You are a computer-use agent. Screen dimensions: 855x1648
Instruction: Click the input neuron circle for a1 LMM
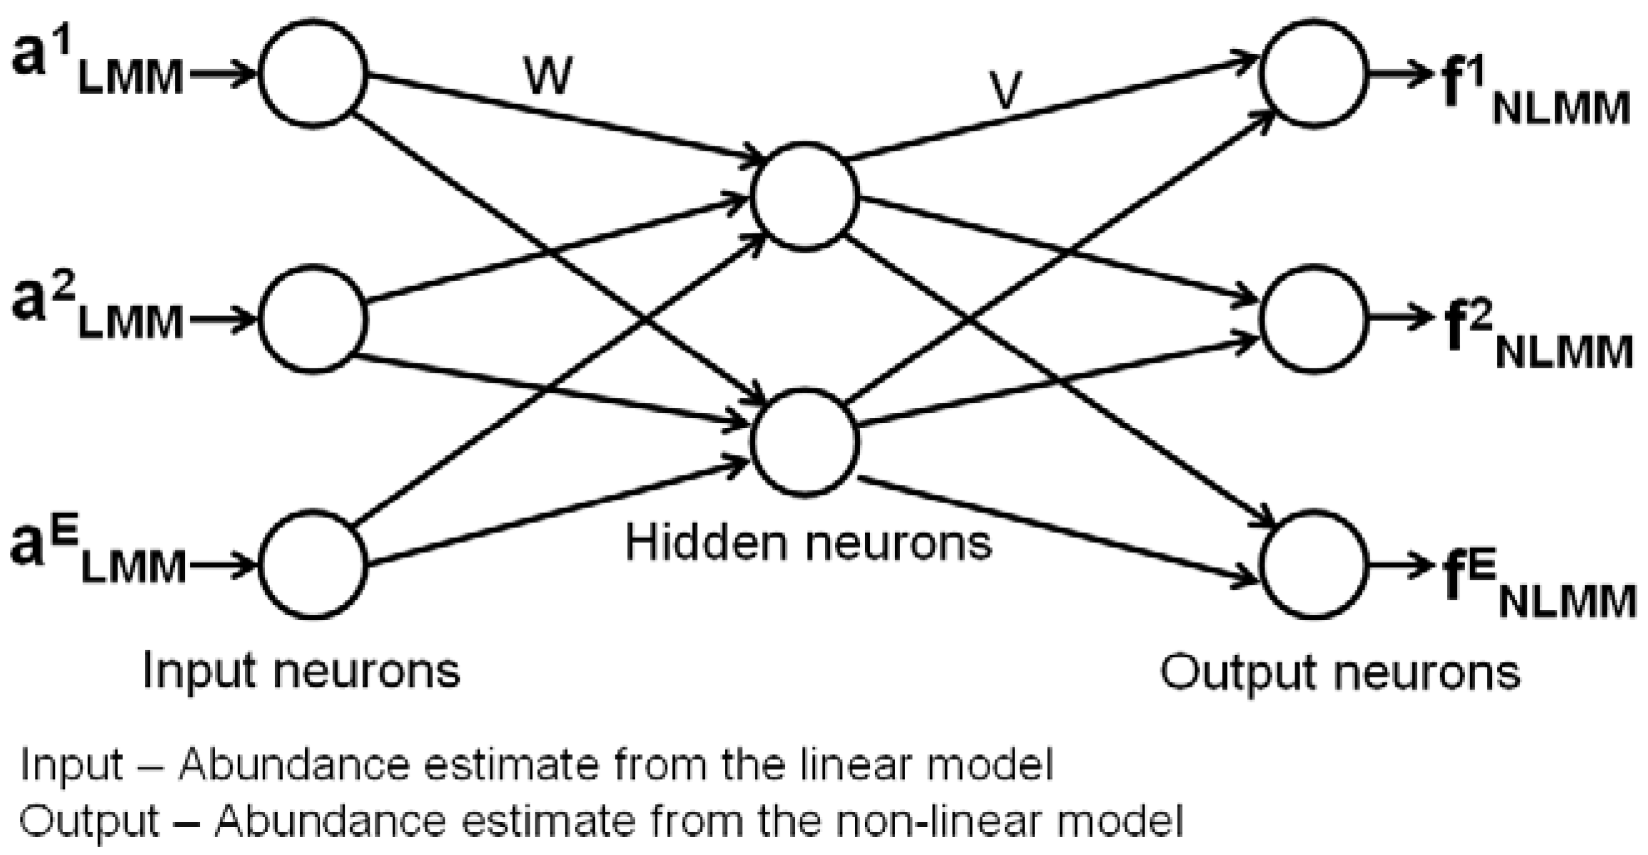[313, 74]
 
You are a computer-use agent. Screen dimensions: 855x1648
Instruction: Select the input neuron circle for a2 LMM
[313, 319]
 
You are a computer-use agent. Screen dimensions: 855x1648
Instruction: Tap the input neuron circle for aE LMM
[313, 564]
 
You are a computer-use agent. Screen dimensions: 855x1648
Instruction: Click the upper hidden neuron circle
[806, 195]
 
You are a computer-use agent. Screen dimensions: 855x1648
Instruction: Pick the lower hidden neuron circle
[806, 442]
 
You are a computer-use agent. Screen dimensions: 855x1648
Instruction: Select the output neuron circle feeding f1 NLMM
[1314, 74]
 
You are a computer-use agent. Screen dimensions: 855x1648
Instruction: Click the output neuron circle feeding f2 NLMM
[1314, 319]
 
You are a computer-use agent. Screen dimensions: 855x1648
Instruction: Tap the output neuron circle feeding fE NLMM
[1314, 564]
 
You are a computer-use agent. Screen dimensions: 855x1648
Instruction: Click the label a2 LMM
[96, 313]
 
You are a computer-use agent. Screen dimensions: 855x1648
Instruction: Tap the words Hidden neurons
[807, 543]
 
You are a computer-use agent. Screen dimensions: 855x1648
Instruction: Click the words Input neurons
[301, 670]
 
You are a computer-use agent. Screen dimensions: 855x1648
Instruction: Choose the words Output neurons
[1340, 672]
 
